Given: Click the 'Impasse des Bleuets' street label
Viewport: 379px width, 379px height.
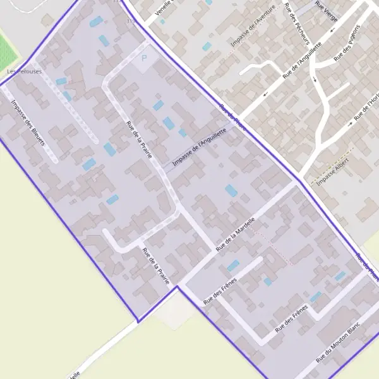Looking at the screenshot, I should pos(28,123).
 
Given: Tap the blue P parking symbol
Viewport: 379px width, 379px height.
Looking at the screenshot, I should pos(143,58).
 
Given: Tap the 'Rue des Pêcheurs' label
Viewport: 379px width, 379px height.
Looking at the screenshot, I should pos(298,24).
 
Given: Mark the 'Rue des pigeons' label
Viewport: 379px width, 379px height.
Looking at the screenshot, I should pos(347,43).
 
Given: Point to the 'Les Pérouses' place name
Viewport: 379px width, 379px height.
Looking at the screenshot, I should pos(19,72).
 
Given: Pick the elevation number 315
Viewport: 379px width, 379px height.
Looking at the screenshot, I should pos(131,21).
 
